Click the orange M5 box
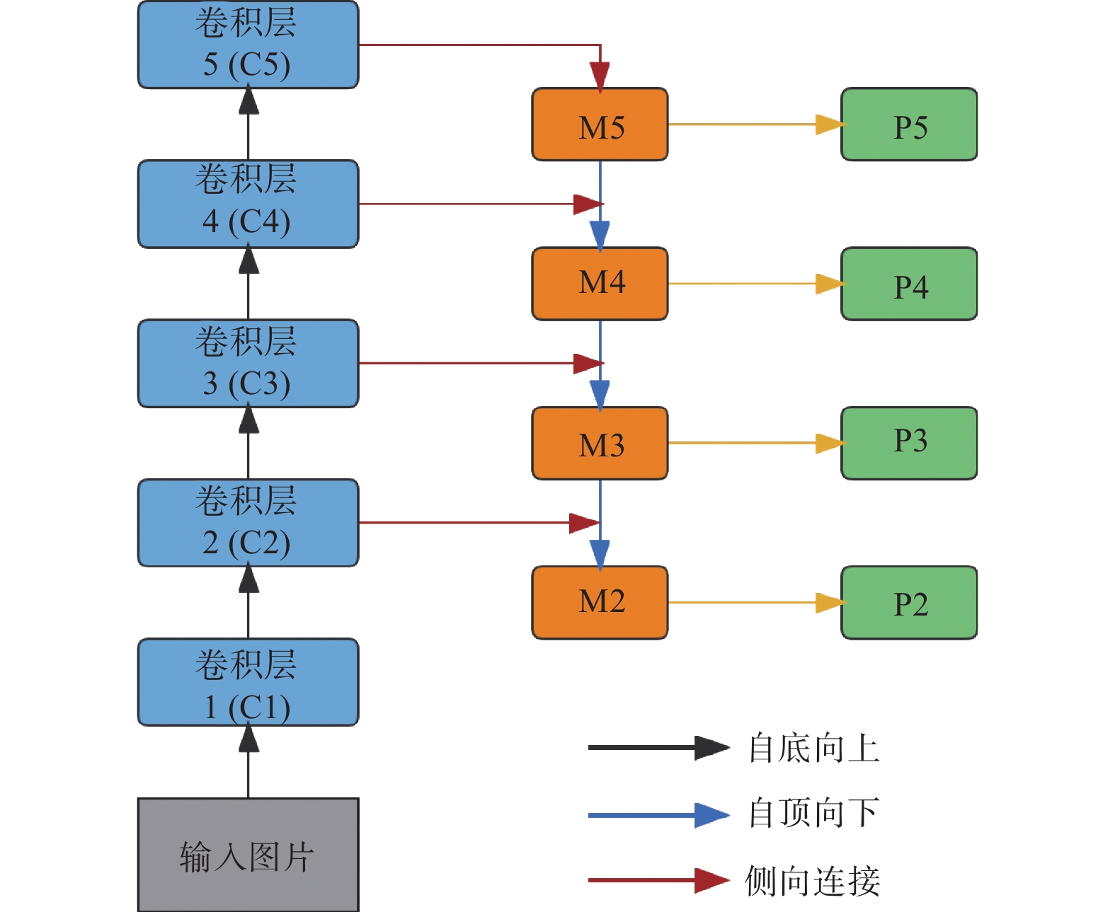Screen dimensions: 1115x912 pyautogui.click(x=600, y=125)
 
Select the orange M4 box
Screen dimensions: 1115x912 pyautogui.click(x=600, y=284)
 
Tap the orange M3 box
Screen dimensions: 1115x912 pyautogui.click(x=600, y=444)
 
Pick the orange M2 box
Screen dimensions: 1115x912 pyautogui.click(x=600, y=603)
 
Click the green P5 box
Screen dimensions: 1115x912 pyautogui.click(x=909, y=125)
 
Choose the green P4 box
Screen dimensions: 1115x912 pyautogui.click(x=909, y=284)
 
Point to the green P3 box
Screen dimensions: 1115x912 pyautogui.click(x=909, y=444)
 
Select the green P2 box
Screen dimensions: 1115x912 pyautogui.click(x=909, y=603)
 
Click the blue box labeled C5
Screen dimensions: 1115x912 pyautogui.click(x=248, y=45)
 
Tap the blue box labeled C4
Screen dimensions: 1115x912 pyautogui.click(x=248, y=204)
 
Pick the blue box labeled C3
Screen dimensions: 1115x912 pyautogui.click(x=248, y=364)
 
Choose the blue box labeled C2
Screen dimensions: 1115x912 pyautogui.click(x=248, y=523)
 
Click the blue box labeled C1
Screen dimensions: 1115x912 pyautogui.click(x=248, y=682)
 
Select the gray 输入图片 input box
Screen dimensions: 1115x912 pyautogui.click(x=248, y=855)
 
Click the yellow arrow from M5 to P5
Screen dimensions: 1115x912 pyautogui.click(x=757, y=125)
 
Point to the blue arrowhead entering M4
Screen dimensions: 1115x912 pyautogui.click(x=600, y=236)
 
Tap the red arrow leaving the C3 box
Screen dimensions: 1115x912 pyautogui.click(x=481, y=364)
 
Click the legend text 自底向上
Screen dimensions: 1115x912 pyautogui.click(x=814, y=748)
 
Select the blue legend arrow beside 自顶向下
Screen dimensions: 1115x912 pyautogui.click(x=659, y=815)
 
